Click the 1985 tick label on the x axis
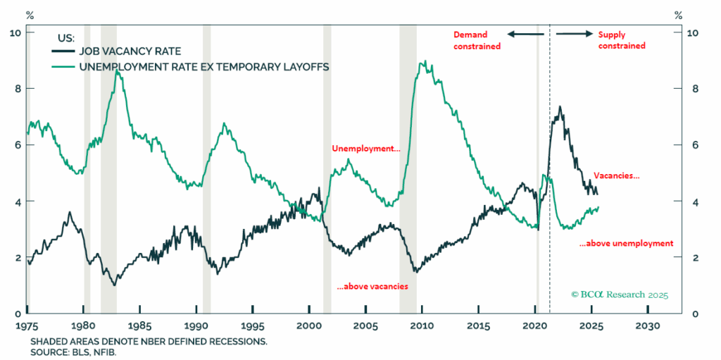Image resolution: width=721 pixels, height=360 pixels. [139, 326]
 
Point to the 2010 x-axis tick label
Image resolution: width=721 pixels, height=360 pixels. [422, 326]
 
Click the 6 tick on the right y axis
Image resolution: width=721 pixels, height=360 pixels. [677, 145]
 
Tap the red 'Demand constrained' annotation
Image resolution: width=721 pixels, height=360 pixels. [477, 40]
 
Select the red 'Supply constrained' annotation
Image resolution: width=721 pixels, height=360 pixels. [622, 40]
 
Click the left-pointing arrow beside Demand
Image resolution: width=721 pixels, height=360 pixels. [525, 35]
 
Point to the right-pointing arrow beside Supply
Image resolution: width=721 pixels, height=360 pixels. [574, 35]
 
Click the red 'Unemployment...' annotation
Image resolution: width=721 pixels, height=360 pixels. [366, 149]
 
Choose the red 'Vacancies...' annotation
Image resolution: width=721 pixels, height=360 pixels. [617, 176]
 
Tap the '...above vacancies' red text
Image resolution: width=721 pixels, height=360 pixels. [372, 286]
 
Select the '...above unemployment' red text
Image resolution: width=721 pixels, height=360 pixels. [626, 243]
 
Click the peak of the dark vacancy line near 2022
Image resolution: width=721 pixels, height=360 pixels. [560, 107]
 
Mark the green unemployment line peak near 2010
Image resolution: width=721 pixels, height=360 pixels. [422, 62]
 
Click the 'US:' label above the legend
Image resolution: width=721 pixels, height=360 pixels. [63, 37]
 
